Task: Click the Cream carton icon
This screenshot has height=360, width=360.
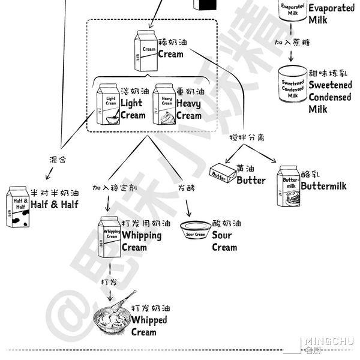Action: tap(146, 51)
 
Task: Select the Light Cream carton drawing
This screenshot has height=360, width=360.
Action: tap(109, 104)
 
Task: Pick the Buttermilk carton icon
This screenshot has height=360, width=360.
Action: tap(289, 187)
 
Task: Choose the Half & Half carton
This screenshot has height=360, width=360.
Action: tap(18, 206)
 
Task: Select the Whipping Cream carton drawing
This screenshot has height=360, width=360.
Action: tap(110, 236)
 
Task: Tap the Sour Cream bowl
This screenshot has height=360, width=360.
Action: tap(196, 230)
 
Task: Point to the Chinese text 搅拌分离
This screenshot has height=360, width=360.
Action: tap(247, 137)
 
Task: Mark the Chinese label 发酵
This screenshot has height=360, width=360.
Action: tap(187, 188)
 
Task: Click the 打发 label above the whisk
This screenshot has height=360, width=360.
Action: tap(109, 280)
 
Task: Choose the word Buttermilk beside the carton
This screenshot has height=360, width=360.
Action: tap(324, 186)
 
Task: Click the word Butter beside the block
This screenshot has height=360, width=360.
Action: tap(251, 180)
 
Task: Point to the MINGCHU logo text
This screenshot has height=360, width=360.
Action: tap(329, 342)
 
